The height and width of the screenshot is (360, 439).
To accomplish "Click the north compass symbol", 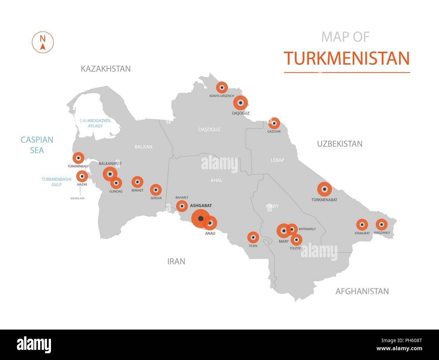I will [43, 42].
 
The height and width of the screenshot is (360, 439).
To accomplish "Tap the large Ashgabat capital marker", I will [201, 219].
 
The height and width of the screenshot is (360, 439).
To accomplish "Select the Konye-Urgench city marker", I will [222, 88].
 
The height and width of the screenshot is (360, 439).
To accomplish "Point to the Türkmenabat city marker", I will [325, 189].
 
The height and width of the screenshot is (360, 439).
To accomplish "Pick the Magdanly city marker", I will [382, 224].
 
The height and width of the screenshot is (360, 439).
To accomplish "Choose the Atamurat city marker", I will [362, 224].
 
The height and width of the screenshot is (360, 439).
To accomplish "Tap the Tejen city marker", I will [253, 237].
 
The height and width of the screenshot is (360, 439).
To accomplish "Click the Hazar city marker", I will [82, 176].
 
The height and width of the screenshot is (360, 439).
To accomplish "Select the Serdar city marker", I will [156, 190].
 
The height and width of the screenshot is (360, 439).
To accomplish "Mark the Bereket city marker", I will [137, 182].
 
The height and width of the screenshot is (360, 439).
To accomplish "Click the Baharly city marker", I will [182, 206].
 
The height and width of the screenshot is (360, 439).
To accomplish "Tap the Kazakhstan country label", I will [106, 69].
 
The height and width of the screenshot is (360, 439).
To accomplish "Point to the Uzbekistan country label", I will [340, 144].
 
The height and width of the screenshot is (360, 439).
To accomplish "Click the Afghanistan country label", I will [362, 291].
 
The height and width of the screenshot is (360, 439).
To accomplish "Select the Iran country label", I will [176, 261].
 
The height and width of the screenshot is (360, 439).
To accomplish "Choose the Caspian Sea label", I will [37, 145].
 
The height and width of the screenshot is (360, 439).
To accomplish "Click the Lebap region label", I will [278, 160].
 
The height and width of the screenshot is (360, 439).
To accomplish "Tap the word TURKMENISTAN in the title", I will [347, 58].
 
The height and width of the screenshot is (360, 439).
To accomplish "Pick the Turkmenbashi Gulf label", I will [56, 182].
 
